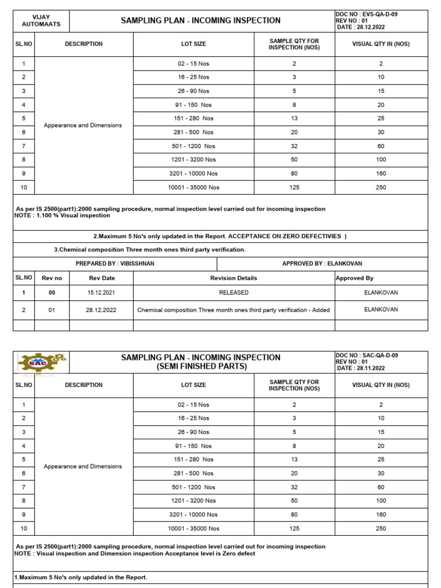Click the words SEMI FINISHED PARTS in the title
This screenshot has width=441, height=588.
[x=200, y=367]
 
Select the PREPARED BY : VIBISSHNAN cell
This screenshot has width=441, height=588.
[x=115, y=264]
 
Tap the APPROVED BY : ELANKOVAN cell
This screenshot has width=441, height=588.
[x=322, y=264]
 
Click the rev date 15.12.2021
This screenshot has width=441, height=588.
[x=101, y=292]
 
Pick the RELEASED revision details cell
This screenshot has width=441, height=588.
[x=234, y=292]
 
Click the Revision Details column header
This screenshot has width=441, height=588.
[x=234, y=278]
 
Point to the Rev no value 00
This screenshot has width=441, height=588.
[x=52, y=292]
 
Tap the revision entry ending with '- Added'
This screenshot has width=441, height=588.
[x=234, y=310]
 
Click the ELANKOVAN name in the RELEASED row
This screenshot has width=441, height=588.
[x=381, y=292]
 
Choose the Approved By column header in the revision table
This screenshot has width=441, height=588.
[x=354, y=278]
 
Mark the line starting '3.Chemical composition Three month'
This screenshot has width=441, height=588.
[x=149, y=250]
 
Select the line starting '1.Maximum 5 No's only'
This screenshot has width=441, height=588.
[x=80, y=577]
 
